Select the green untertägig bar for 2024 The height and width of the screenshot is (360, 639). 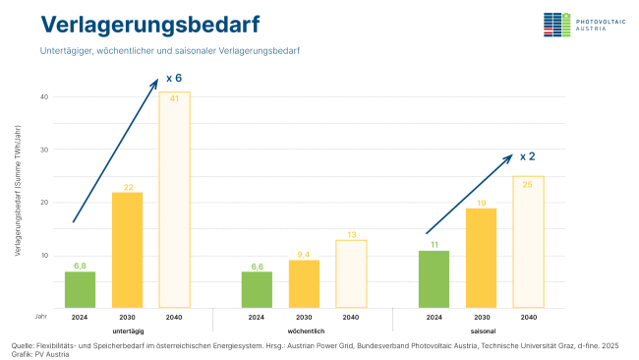pyautogui.click(x=80, y=289)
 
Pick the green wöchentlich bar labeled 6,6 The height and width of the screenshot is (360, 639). pyautogui.click(x=257, y=289)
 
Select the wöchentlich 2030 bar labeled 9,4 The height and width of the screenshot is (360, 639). pyautogui.click(x=304, y=283)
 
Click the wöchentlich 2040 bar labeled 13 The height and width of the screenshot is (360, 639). pyautogui.click(x=351, y=273)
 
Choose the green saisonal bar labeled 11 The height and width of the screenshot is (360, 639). pyautogui.click(x=434, y=278)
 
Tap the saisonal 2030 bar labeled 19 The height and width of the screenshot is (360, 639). pyautogui.click(x=481, y=258)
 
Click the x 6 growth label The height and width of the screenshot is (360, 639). pyautogui.click(x=174, y=77)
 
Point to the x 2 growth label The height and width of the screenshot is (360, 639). pyautogui.click(x=527, y=155)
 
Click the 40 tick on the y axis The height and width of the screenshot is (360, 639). pyautogui.click(x=44, y=96)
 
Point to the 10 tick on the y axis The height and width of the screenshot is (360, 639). pyautogui.click(x=44, y=255)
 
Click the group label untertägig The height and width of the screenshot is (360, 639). pyautogui.click(x=128, y=331)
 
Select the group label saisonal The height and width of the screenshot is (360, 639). pyautogui.click(x=482, y=331)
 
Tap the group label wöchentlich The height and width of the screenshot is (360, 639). pyautogui.click(x=305, y=331)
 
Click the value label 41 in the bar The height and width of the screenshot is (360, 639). pyautogui.click(x=174, y=98)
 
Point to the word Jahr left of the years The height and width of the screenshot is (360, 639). pyautogui.click(x=40, y=318)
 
